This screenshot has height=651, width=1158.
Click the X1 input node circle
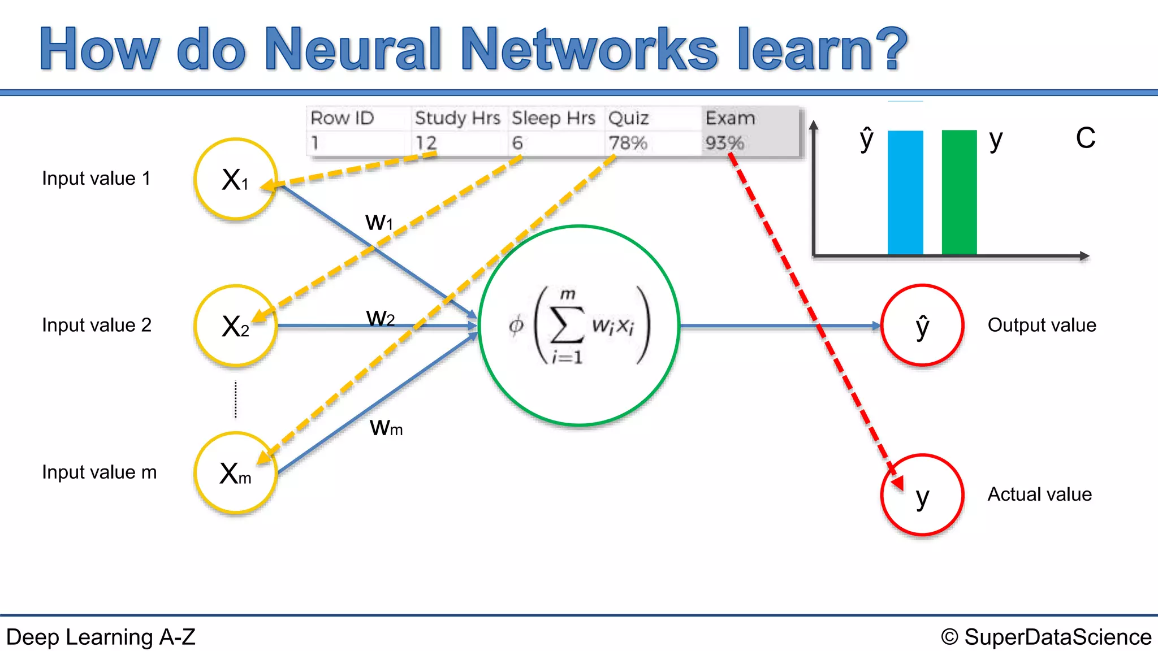(x=235, y=179)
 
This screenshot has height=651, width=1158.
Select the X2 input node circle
(x=235, y=326)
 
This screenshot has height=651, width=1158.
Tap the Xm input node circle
(x=235, y=473)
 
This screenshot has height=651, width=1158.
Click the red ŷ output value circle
(x=922, y=325)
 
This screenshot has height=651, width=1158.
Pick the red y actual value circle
(x=922, y=495)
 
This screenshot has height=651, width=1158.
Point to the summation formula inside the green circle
(x=580, y=325)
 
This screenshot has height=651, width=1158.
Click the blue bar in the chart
(x=905, y=192)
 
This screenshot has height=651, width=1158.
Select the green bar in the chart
(x=959, y=192)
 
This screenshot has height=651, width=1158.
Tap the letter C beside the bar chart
(x=1085, y=138)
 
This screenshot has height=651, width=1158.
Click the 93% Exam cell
(x=724, y=143)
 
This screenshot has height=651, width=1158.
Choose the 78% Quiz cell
(x=628, y=143)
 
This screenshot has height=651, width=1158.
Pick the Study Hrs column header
(x=457, y=118)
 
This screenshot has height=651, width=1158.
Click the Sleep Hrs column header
(x=553, y=118)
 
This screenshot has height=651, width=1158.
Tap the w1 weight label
(x=379, y=222)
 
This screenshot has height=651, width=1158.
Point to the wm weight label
(x=386, y=428)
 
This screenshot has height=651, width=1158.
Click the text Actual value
(x=1039, y=494)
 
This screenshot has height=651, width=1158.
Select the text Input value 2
(x=97, y=325)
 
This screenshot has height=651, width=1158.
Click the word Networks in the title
(x=589, y=50)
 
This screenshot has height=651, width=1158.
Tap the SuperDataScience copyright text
(x=1046, y=637)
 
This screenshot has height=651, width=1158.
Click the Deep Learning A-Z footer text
(x=101, y=637)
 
